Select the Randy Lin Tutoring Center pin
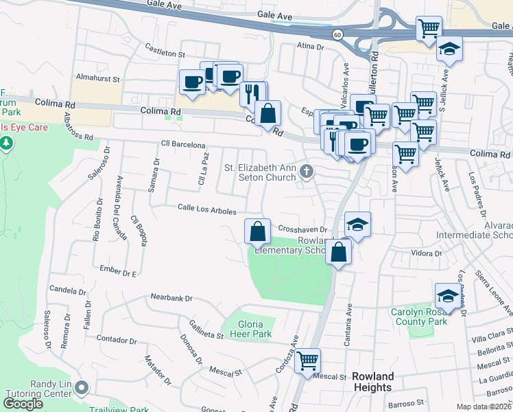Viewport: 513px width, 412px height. click(82, 388)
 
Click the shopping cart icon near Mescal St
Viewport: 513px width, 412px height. click(308, 360)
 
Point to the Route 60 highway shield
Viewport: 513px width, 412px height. click(337, 34)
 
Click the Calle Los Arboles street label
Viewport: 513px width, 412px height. click(207, 208)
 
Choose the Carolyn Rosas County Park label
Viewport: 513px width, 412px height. click(419, 317)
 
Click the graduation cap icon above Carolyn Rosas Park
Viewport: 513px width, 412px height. click(447, 296)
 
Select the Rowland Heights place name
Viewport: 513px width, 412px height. click(373, 382)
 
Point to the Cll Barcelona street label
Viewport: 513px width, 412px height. click(183, 145)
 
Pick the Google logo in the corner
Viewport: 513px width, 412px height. click(23, 404)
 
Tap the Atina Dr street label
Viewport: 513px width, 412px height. click(309, 47)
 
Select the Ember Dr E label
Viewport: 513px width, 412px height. click(119, 270)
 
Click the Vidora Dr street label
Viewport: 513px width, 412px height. click(427, 253)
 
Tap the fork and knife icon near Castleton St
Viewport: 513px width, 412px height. click(254, 93)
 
